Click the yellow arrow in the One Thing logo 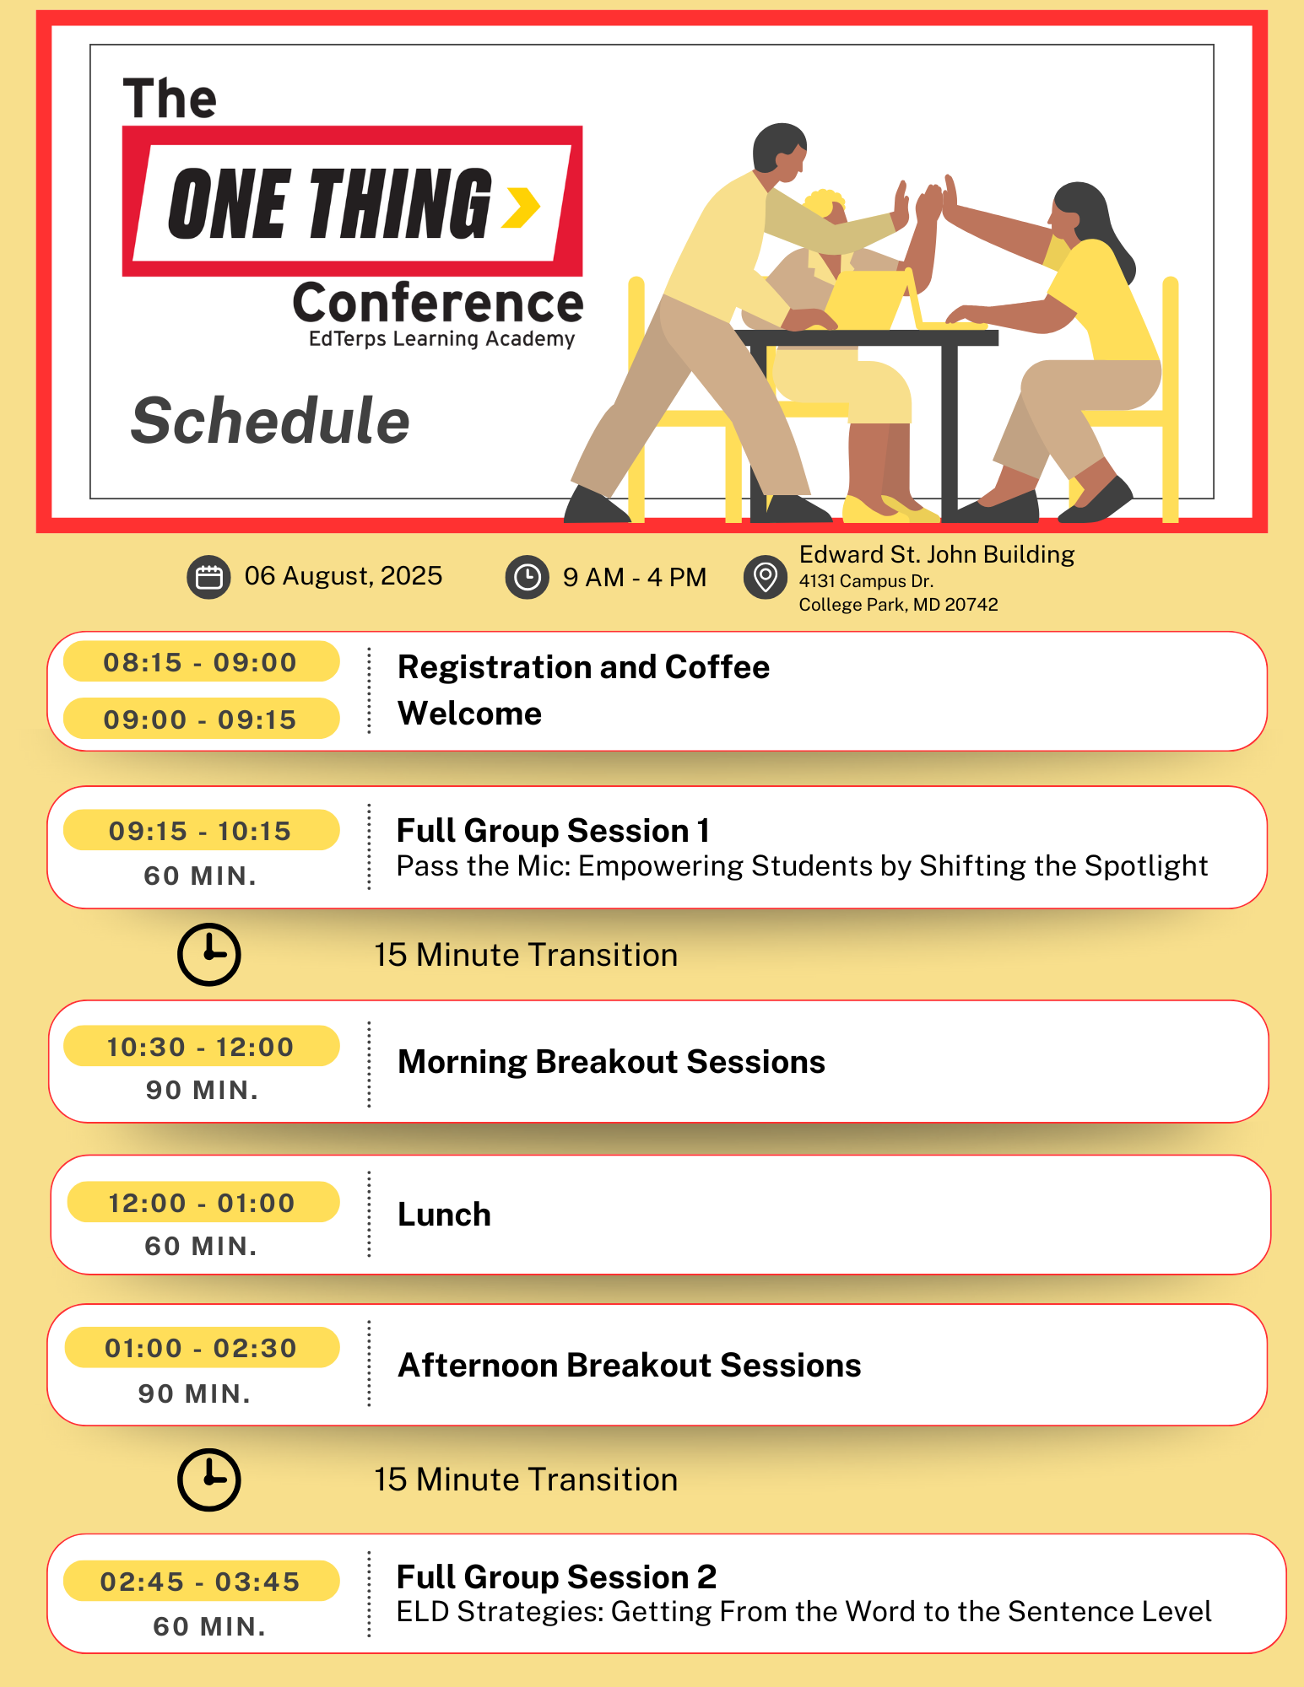pyautogui.click(x=521, y=208)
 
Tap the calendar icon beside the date pyautogui.click(x=208, y=577)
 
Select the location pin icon pyautogui.click(x=765, y=578)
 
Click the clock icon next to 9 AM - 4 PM pyautogui.click(x=528, y=578)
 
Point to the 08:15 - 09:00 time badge pyautogui.click(x=201, y=662)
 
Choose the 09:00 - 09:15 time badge pyautogui.click(x=201, y=720)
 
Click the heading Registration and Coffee pyautogui.click(x=583, y=667)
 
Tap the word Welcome pyautogui.click(x=469, y=714)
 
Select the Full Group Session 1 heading pyautogui.click(x=553, y=831)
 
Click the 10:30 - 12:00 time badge pyautogui.click(x=201, y=1047)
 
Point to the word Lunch pyautogui.click(x=444, y=1215)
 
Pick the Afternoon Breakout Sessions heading pyautogui.click(x=629, y=1366)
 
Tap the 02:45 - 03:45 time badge pyautogui.click(x=201, y=1582)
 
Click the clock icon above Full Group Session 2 pyautogui.click(x=209, y=1479)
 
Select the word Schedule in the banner pyautogui.click(x=270, y=421)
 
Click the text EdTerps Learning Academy pyautogui.click(x=441, y=339)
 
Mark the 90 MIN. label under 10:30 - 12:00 pyautogui.click(x=203, y=1091)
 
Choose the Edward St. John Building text pyautogui.click(x=937, y=555)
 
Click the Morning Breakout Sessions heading pyautogui.click(x=611, y=1062)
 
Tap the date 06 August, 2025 pyautogui.click(x=343, y=576)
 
